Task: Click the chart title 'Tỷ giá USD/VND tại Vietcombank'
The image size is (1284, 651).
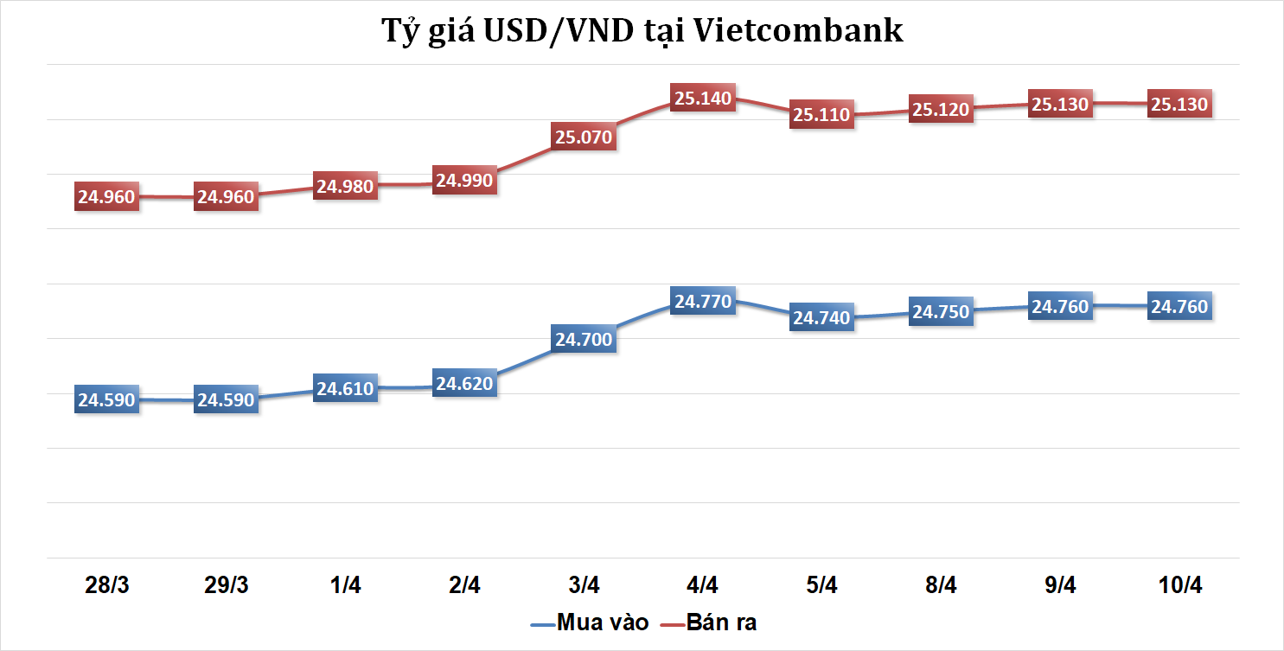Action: [x=642, y=31]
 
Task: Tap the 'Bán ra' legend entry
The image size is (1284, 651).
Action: [x=721, y=622]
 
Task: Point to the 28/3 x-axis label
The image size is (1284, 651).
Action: [x=107, y=585]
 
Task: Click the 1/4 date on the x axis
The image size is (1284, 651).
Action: [x=345, y=585]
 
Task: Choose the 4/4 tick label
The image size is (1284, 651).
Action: [x=702, y=585]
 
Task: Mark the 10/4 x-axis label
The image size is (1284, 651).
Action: [x=1180, y=585]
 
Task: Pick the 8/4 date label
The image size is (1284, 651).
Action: [x=941, y=585]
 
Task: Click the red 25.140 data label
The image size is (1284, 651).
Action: [x=703, y=99]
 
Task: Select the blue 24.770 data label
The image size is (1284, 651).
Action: [x=703, y=302]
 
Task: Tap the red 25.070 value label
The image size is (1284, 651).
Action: [x=584, y=137]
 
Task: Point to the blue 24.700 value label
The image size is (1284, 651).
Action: [x=584, y=340]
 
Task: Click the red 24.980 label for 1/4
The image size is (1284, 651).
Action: [x=345, y=186]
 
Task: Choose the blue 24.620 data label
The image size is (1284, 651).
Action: [x=464, y=383]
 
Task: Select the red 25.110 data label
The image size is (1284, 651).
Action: [x=822, y=115]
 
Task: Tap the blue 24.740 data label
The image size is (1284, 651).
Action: [x=822, y=318]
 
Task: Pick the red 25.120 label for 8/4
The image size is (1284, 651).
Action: [x=941, y=110]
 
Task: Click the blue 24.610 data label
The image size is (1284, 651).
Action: [x=345, y=389]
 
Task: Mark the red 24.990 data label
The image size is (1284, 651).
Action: [x=464, y=181]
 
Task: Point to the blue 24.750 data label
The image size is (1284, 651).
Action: [x=941, y=312]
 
